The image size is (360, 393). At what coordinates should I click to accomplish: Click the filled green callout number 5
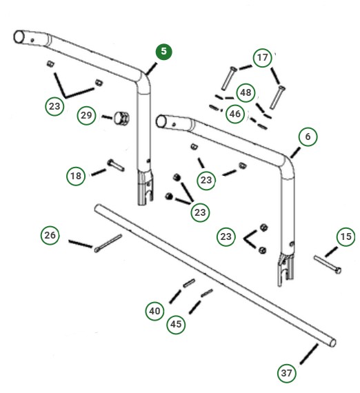[163, 52]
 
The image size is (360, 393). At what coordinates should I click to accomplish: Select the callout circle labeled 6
[308, 137]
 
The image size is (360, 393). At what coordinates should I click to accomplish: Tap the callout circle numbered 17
[262, 58]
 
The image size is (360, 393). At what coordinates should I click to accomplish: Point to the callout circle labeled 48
[245, 92]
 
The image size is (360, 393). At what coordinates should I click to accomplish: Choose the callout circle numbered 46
[235, 114]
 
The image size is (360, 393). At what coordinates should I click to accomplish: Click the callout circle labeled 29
[86, 115]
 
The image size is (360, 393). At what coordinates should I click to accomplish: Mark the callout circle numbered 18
[77, 176]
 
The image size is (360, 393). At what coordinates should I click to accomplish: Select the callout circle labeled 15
[346, 238]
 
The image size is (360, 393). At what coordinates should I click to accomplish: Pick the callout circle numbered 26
[50, 235]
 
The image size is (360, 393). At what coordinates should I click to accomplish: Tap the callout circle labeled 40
[155, 311]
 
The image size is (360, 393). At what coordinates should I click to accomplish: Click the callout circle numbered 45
[177, 324]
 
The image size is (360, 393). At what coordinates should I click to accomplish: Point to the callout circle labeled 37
[287, 373]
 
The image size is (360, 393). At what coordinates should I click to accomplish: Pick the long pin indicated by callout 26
[109, 243]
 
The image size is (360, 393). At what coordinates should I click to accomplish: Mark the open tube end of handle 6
[163, 122]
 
